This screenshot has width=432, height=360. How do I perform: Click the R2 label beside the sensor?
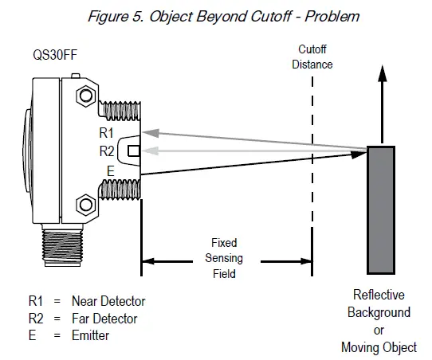pyautogui.click(x=105, y=150)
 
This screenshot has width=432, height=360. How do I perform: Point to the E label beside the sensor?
pyautogui.click(x=110, y=169)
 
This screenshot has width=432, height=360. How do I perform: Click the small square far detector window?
pyautogui.click(x=134, y=151)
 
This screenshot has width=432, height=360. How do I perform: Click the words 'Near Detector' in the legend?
pyautogui.click(x=108, y=301)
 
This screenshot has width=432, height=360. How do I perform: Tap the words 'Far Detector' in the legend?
pyautogui.click(x=104, y=319)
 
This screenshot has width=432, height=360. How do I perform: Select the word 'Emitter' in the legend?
pyautogui.click(x=90, y=335)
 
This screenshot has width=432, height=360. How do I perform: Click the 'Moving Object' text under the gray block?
pyautogui.click(x=379, y=346)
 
